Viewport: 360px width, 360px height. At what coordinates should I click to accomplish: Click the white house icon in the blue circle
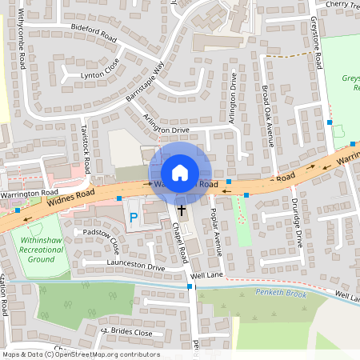point(180,172)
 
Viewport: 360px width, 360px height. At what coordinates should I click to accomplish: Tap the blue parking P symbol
point(134,217)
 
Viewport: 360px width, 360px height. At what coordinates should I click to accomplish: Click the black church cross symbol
point(181,210)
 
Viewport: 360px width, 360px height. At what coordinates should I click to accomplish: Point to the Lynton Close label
point(99,75)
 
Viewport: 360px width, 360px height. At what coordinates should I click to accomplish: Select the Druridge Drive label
point(297,222)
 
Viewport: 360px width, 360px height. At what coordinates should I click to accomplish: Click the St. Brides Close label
point(126,331)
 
